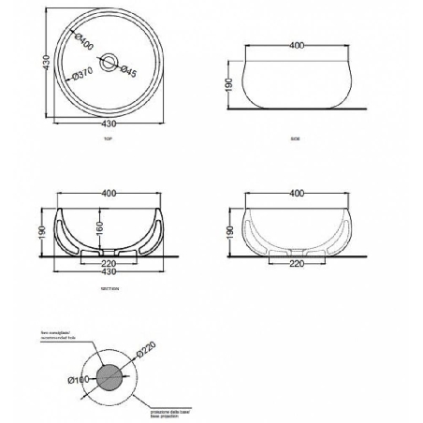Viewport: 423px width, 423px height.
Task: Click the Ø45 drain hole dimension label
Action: click(130, 71)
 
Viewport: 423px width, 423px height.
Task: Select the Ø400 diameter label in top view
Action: click(87, 42)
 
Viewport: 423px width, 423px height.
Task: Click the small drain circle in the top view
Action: click(109, 64)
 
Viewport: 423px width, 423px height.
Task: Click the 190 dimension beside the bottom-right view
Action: click(230, 229)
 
